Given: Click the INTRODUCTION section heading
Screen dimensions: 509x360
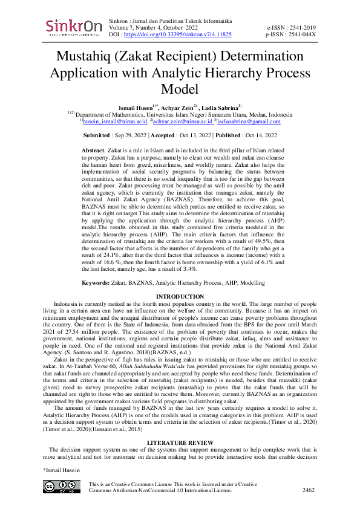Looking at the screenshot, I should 180,296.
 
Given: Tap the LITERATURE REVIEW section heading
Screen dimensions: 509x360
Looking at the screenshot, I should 180,443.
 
